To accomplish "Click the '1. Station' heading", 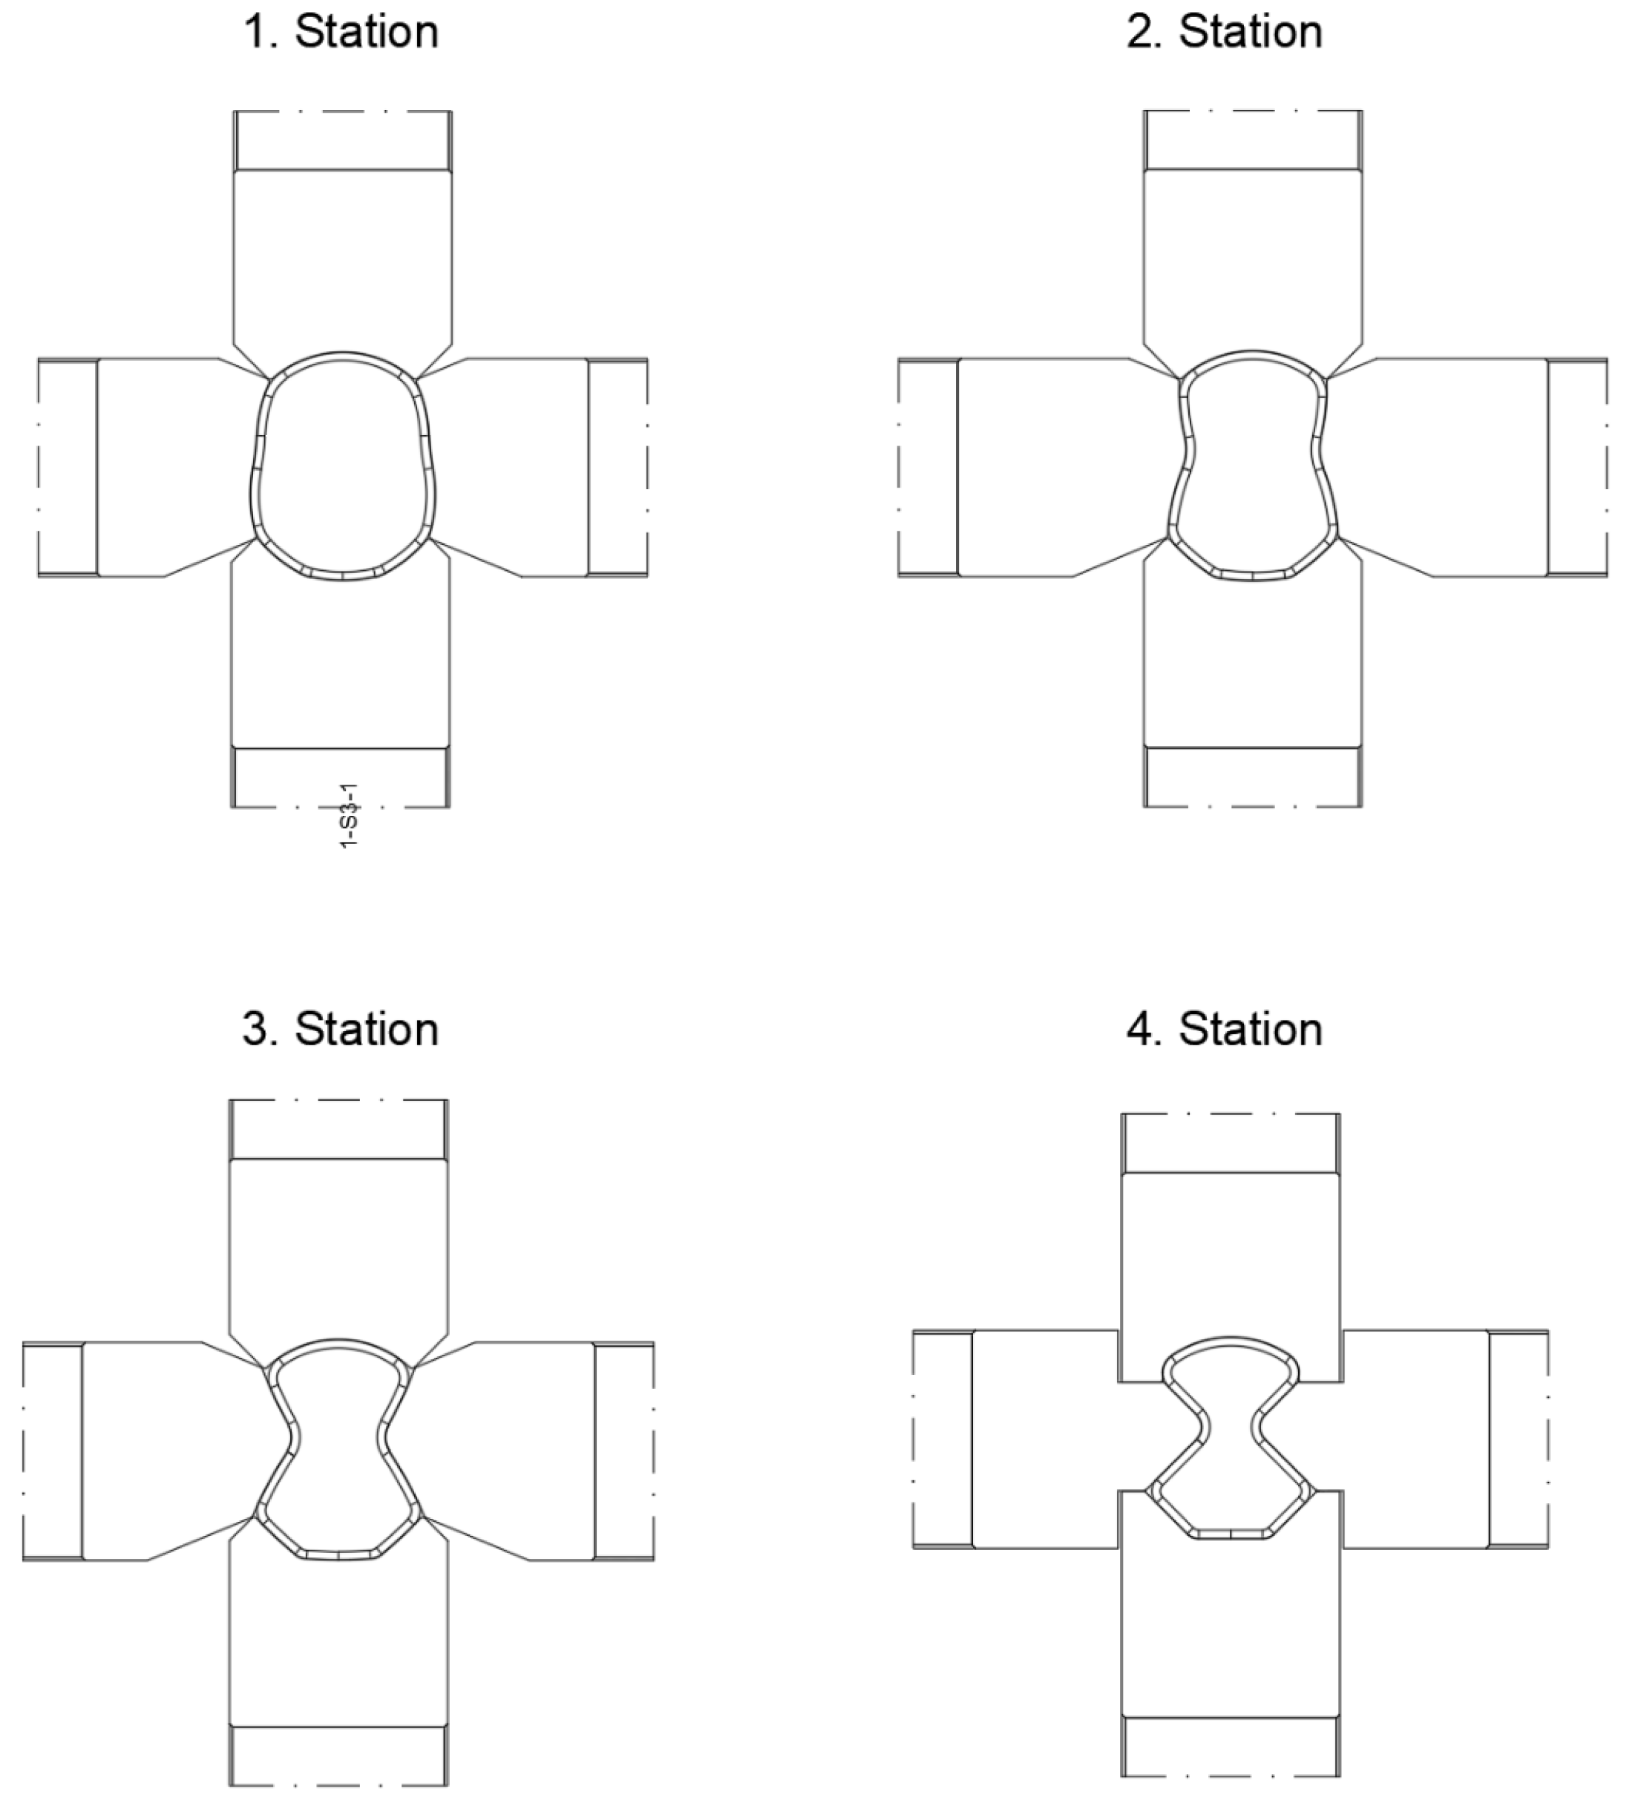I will tap(341, 32).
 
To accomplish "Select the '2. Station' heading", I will tap(1224, 32).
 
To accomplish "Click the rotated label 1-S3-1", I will tap(350, 815).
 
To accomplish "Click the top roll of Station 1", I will tap(342, 258).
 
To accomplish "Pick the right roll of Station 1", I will tap(517, 468).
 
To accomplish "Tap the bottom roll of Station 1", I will tap(341, 660).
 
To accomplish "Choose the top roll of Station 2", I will tap(1253, 258).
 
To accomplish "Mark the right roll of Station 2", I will tap(1444, 468).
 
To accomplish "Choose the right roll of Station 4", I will tap(1418, 1440).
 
